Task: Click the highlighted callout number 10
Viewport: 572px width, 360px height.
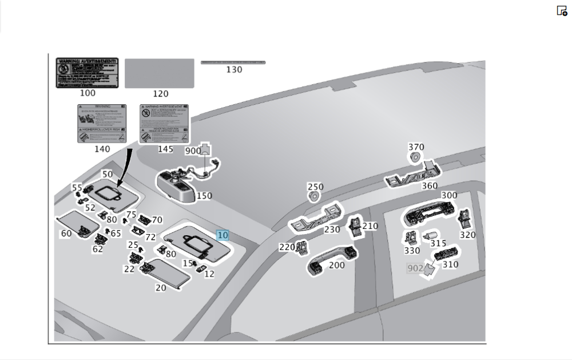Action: [x=223, y=235]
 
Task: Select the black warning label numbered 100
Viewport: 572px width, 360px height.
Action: [x=87, y=73]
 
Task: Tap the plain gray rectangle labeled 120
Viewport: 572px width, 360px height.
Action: [x=159, y=73]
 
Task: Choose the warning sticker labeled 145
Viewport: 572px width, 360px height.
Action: [x=165, y=123]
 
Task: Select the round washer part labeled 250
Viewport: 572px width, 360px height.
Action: [x=314, y=197]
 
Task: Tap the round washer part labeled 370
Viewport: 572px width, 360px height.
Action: [x=415, y=157]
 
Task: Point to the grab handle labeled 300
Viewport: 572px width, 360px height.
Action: [x=429, y=211]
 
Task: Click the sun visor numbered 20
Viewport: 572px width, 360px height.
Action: [x=166, y=274]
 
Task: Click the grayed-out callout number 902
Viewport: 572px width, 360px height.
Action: [x=415, y=268]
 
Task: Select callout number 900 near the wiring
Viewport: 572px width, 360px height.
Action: [x=193, y=151]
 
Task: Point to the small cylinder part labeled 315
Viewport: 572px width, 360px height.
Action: [x=430, y=236]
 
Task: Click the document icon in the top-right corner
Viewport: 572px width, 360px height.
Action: [x=562, y=10]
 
